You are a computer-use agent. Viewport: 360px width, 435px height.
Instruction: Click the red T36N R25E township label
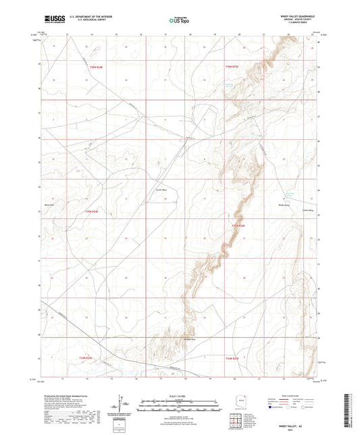tap(232, 66)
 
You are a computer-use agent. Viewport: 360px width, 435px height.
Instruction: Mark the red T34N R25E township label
tap(232, 357)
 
